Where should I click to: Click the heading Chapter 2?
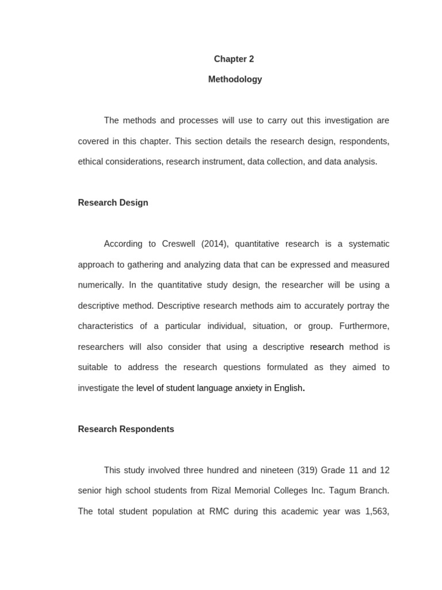tap(234, 59)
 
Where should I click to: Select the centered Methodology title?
tap(235, 80)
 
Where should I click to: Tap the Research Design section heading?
tap(113, 203)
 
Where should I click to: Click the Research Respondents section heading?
tap(126, 429)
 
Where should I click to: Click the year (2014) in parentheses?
tap(215, 244)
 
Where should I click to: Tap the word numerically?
tap(100, 285)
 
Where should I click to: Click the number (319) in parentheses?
tap(306, 470)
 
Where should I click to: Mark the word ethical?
tap(92, 162)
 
